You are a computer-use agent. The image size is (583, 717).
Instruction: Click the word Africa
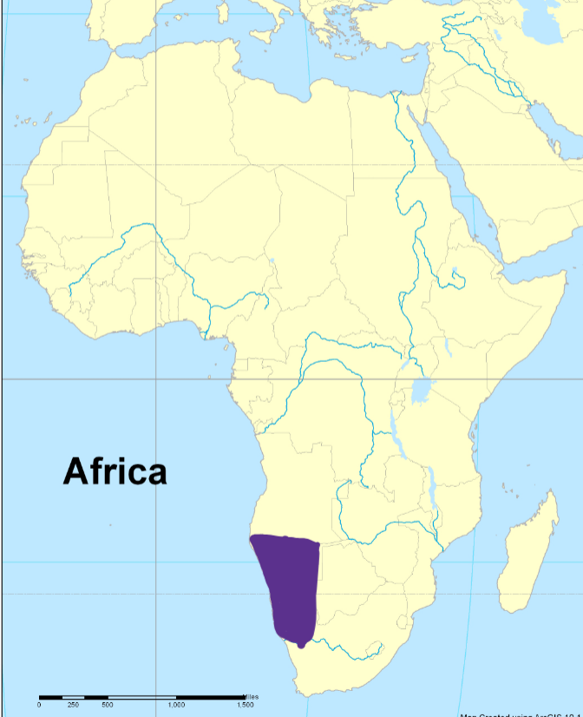click(115, 471)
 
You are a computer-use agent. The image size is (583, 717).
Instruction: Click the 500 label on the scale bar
click(108, 705)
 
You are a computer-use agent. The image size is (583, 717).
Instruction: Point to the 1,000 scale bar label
click(176, 705)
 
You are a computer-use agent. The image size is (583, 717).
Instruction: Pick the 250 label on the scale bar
click(74, 705)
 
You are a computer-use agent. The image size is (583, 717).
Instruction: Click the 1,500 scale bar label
click(245, 705)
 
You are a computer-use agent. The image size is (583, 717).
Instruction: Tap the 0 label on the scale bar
click(39, 705)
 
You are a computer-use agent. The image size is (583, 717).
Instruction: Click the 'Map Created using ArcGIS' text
click(521, 714)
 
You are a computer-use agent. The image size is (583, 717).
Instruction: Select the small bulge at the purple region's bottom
click(301, 644)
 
